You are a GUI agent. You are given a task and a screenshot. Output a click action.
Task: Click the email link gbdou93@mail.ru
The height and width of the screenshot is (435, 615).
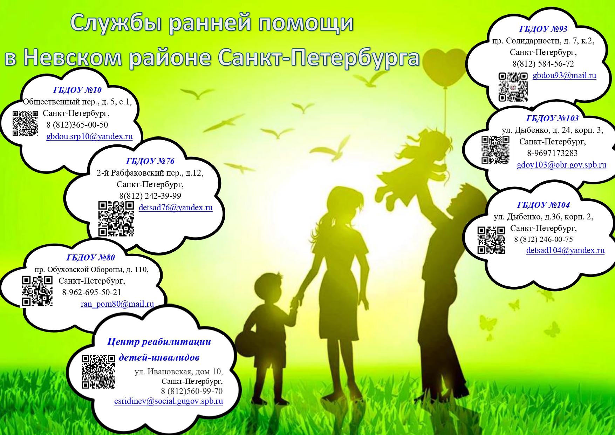564,76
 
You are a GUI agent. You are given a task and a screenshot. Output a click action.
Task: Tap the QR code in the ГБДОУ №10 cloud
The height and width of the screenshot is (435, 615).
25,123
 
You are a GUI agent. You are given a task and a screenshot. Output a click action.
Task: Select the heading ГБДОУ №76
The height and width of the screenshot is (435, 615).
150,161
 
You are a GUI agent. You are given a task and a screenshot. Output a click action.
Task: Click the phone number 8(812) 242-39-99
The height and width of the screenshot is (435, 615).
150,196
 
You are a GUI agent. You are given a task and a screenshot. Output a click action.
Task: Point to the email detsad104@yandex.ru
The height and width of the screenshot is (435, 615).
565,250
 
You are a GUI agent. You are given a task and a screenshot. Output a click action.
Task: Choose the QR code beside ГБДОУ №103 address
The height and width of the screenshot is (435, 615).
495,150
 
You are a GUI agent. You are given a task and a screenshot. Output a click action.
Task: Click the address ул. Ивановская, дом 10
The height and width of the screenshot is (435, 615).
178,372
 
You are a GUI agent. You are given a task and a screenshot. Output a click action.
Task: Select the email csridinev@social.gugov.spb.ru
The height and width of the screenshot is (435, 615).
169,401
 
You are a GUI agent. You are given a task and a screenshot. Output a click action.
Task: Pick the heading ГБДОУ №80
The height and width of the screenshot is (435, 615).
90,258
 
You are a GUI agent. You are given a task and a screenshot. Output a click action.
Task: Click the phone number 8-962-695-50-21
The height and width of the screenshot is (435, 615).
92,292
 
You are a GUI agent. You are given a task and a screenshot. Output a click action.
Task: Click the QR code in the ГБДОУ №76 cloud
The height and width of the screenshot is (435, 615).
116,218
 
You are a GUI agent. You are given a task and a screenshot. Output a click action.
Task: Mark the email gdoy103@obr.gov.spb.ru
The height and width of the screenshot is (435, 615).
561,165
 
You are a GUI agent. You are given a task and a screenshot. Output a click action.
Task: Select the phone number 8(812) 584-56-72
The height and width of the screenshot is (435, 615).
543,64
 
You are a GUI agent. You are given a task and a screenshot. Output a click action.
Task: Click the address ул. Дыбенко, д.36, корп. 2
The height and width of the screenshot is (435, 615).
543,217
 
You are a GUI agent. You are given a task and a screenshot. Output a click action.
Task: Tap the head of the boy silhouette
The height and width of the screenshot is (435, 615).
268,286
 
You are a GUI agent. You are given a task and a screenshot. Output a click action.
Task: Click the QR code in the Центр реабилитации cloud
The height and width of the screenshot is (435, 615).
98,372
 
